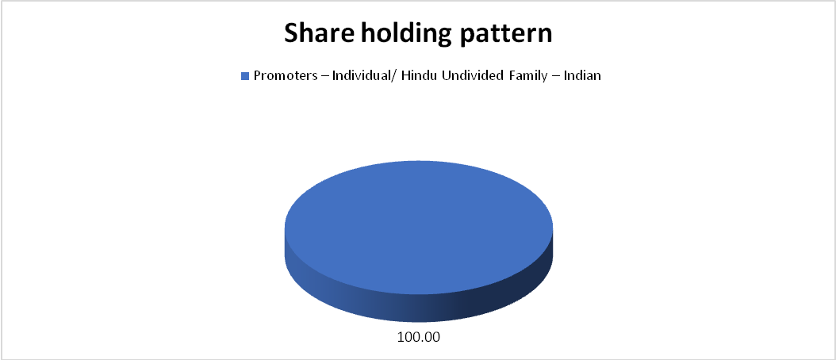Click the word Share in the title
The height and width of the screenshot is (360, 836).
[317, 33]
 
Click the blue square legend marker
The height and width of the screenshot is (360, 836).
[245, 76]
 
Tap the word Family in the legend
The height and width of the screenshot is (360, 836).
[512, 76]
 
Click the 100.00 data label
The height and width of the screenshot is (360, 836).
[419, 338]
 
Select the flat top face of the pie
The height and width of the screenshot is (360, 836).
[419, 228]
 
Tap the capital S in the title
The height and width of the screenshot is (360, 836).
[291, 33]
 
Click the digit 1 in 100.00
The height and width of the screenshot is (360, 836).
[401, 338]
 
